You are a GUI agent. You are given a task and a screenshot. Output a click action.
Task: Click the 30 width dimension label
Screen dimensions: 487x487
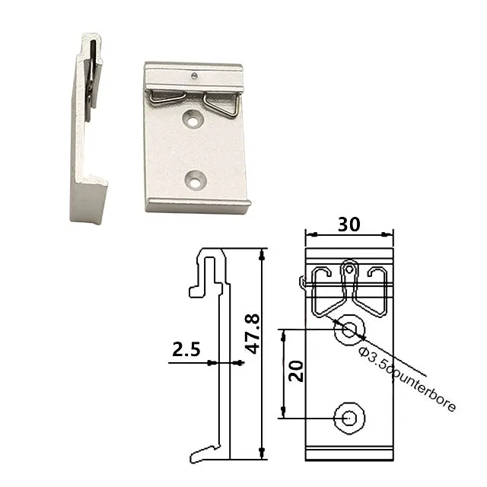(349, 224)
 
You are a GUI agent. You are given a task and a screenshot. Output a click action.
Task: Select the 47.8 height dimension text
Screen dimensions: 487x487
(253, 333)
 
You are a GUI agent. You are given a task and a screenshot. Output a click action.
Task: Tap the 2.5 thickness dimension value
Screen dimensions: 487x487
(186, 350)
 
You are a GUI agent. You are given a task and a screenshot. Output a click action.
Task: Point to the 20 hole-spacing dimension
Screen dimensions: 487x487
(298, 371)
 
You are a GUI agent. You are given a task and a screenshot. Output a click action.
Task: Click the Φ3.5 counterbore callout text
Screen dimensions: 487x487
(407, 377)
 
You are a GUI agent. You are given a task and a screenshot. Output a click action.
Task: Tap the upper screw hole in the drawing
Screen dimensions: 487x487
(349, 329)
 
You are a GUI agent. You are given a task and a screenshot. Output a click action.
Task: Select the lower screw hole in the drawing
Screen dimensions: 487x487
(349, 417)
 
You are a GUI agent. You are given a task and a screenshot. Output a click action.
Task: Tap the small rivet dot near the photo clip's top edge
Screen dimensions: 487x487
(196, 75)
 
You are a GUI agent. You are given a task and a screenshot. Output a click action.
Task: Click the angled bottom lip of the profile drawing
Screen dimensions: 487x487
(205, 452)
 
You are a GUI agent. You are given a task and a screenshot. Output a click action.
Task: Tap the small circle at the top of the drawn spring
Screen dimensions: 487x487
(349, 268)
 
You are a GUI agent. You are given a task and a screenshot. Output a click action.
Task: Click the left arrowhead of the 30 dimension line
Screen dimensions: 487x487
(307, 235)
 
